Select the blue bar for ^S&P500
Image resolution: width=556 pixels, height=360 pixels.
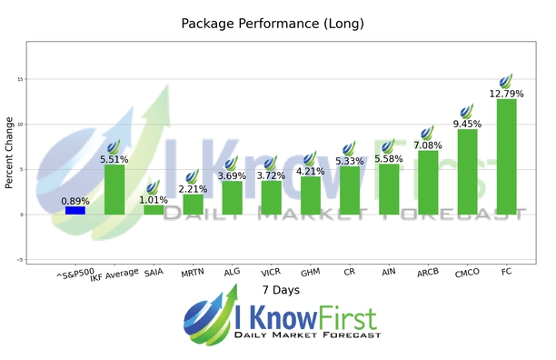point(75,210)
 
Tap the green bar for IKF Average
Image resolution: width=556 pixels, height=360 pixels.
point(114,189)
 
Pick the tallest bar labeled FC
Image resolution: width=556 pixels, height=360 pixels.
point(506,156)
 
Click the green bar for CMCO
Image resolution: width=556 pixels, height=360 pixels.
point(467,171)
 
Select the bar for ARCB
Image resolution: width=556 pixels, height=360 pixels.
point(428,182)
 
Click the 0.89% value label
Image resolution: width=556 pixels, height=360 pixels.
point(75,200)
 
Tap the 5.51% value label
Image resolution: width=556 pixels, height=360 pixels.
point(114,158)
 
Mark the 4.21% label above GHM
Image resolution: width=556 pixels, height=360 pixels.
point(311,169)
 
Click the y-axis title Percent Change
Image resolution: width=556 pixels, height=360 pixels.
point(10,152)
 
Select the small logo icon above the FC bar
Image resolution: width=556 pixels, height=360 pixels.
point(506,80)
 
